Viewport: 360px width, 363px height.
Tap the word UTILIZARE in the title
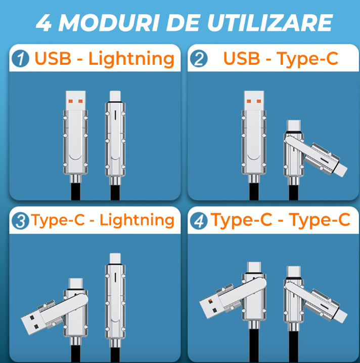(x=270, y=23)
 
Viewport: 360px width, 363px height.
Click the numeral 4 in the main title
(x=44, y=23)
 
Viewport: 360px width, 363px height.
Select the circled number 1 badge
(x=20, y=59)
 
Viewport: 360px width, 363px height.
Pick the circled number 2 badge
(x=199, y=59)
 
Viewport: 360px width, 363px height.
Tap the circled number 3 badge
(x=20, y=221)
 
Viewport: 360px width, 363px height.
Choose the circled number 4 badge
(x=199, y=221)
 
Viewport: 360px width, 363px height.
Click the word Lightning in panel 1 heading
(x=131, y=59)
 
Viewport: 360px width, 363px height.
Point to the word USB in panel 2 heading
(x=242, y=58)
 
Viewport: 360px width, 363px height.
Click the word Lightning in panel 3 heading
(x=137, y=220)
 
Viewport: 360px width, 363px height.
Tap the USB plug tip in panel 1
(x=76, y=100)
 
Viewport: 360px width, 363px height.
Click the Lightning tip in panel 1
(x=115, y=96)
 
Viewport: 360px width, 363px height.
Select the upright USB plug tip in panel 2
(x=254, y=100)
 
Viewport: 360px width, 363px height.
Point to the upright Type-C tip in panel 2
(x=294, y=126)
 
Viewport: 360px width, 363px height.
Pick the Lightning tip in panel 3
(x=115, y=258)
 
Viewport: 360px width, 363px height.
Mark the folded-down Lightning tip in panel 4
(x=341, y=315)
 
